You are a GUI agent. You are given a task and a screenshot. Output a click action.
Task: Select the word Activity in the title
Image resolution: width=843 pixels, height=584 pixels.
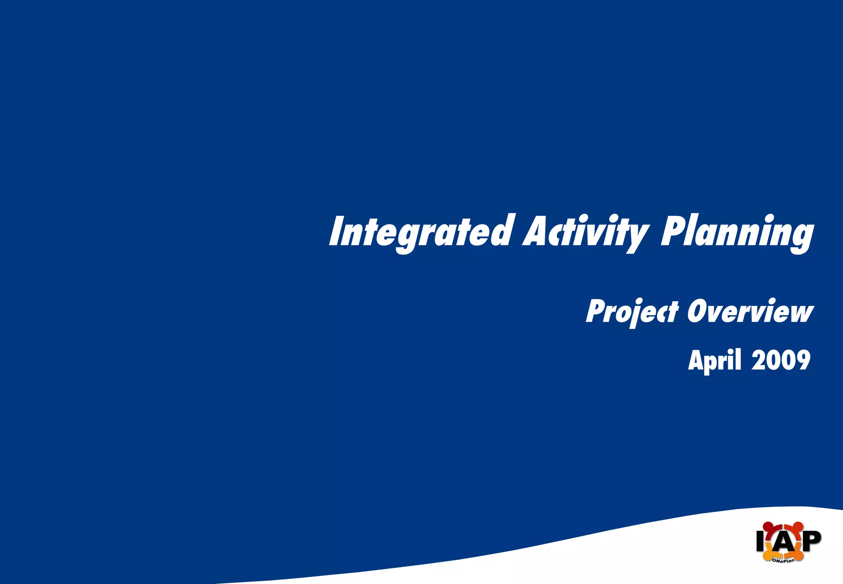pos(585,232)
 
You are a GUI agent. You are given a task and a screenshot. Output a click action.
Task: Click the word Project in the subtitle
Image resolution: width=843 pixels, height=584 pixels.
pos(632,312)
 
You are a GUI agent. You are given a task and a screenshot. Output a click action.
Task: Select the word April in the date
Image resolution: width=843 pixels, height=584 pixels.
pos(715,361)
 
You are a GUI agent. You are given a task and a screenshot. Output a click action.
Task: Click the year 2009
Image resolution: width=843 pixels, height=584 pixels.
pos(780,360)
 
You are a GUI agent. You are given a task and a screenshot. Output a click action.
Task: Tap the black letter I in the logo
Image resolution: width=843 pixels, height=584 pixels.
pos(760,541)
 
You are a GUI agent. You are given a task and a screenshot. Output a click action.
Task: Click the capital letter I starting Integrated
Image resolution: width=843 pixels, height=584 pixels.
pos(336,232)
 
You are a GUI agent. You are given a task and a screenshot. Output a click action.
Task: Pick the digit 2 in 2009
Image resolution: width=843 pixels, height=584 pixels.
pos(758,360)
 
